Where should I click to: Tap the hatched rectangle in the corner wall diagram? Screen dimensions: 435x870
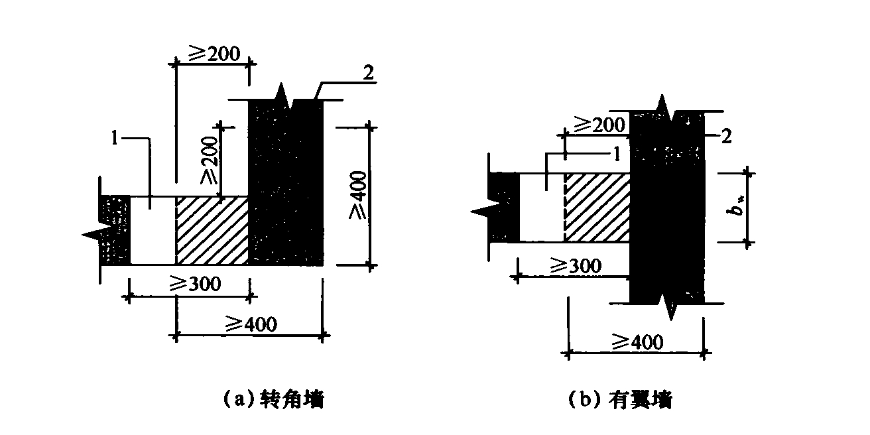[212, 231]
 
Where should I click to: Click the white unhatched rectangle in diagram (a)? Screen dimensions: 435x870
[153, 231]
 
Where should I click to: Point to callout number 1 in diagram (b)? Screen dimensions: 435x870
[617, 154]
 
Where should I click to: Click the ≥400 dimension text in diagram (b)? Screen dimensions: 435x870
[637, 342]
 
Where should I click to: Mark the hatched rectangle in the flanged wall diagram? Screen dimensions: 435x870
[596, 208]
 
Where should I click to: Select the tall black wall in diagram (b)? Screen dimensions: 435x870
[666, 206]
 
